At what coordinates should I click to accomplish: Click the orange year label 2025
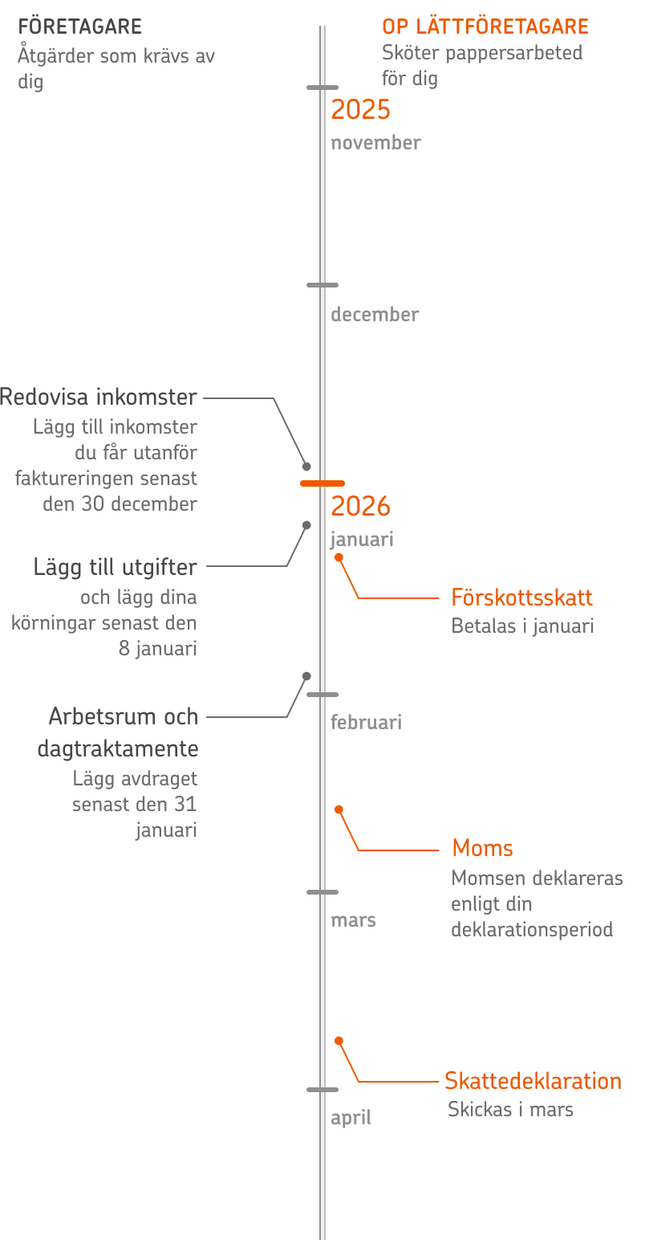click(360, 110)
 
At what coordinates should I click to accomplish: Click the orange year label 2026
click(360, 507)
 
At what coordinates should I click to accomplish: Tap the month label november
click(375, 143)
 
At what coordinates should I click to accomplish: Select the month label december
click(375, 315)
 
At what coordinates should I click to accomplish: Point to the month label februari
click(366, 723)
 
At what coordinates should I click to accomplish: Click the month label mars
click(353, 920)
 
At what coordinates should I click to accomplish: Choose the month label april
click(351, 1118)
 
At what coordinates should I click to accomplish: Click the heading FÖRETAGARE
click(79, 27)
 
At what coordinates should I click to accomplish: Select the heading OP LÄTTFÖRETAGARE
click(485, 27)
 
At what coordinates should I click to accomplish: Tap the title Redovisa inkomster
click(99, 398)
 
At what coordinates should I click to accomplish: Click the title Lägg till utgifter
click(116, 568)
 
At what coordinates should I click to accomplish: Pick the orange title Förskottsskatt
click(521, 598)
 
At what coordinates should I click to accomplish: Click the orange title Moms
click(482, 849)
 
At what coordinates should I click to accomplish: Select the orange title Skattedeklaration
click(533, 1082)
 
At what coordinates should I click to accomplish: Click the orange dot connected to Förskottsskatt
click(339, 557)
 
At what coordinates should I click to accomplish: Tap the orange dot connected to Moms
click(339, 809)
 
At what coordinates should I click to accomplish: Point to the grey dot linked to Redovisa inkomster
click(306, 467)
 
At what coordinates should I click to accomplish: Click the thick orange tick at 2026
click(322, 483)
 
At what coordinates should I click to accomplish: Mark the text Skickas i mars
click(510, 1110)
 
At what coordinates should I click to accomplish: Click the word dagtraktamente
click(118, 749)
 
